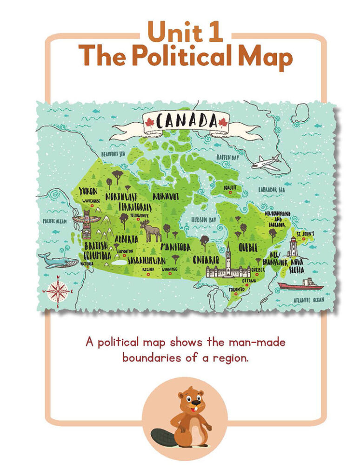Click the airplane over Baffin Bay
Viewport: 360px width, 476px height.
(x=267, y=163)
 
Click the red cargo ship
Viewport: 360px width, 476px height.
(x=300, y=285)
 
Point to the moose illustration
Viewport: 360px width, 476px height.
(x=153, y=232)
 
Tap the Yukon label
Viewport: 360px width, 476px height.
(x=88, y=191)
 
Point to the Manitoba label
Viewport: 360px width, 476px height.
(x=175, y=247)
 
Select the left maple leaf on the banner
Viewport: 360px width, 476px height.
(x=150, y=122)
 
